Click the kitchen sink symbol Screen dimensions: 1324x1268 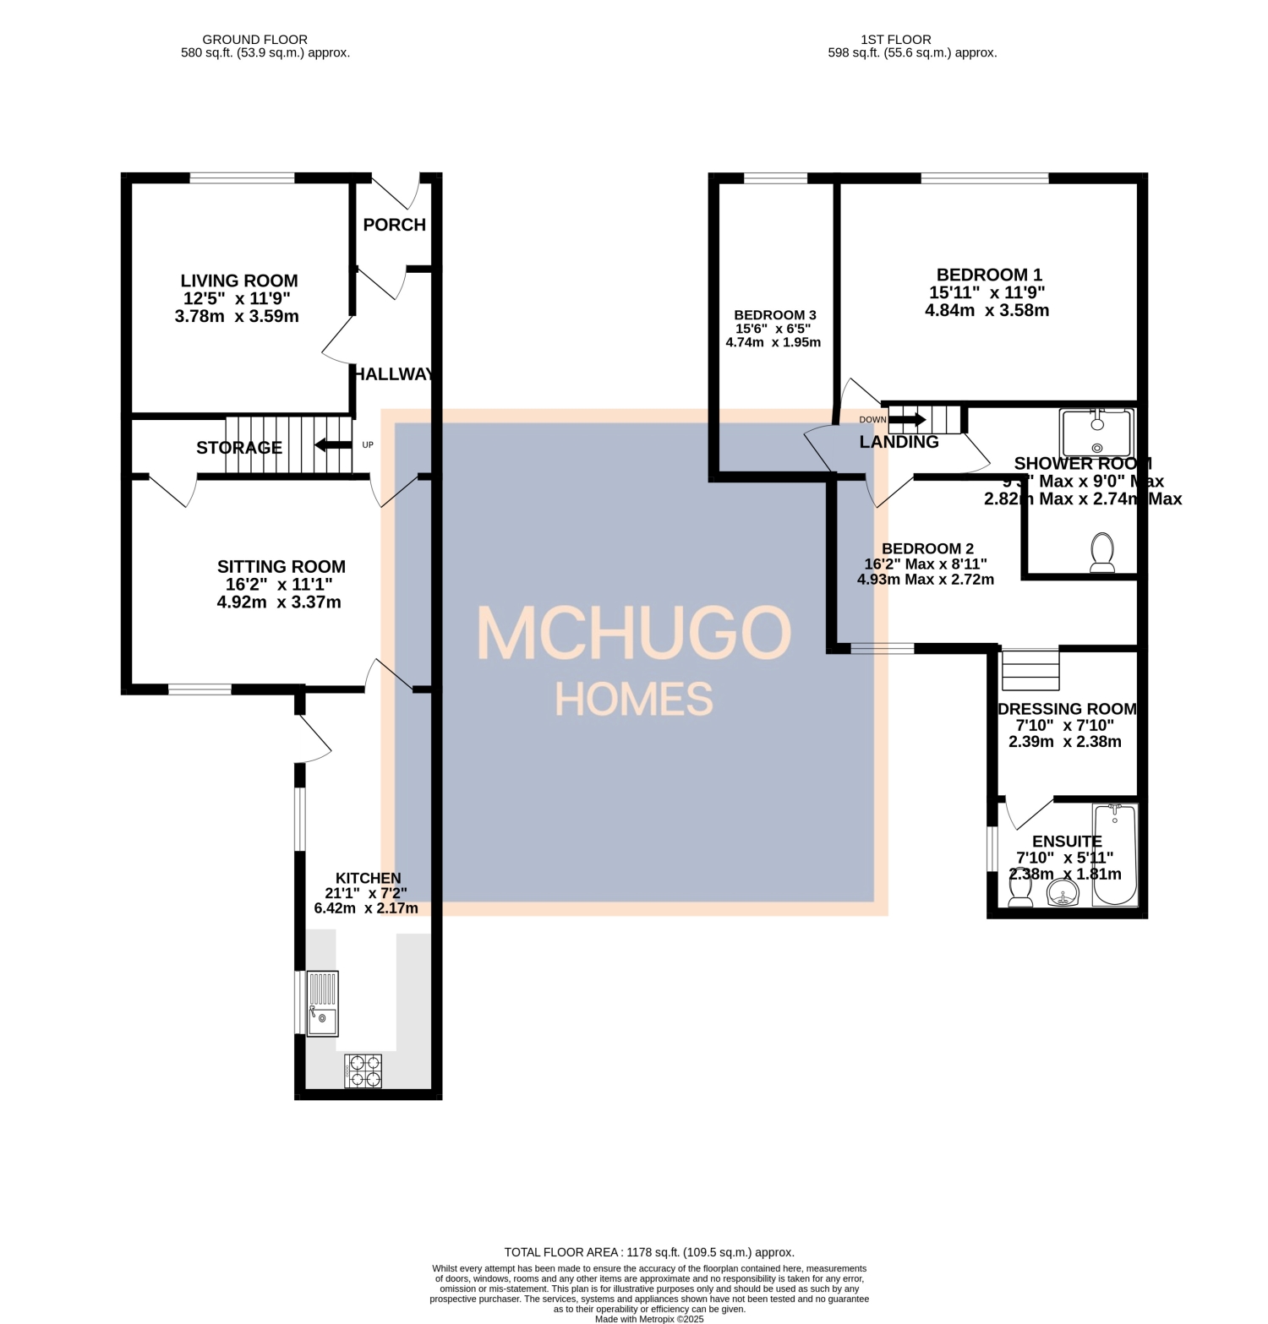(x=322, y=1004)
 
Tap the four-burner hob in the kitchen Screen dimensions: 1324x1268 (x=363, y=1071)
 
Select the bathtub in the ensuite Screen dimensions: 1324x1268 (x=1115, y=854)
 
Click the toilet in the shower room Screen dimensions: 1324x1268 (x=1102, y=553)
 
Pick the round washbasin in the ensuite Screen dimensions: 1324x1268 (x=1063, y=893)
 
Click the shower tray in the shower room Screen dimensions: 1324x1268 (x=1096, y=433)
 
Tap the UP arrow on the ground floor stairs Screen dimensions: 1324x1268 (x=333, y=445)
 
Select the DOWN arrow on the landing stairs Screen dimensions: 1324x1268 (x=907, y=419)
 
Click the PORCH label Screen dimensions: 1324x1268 (x=394, y=225)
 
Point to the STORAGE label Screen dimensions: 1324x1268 (x=239, y=448)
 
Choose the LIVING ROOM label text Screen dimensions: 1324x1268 (x=239, y=281)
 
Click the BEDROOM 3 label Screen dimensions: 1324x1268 (x=774, y=315)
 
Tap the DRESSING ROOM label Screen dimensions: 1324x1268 (x=1067, y=709)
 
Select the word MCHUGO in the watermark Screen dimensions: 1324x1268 (x=634, y=634)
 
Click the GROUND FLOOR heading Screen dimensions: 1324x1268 (x=254, y=40)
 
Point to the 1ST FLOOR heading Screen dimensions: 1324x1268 (x=895, y=40)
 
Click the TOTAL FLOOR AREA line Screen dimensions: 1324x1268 (x=648, y=1252)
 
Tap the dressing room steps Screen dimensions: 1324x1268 (x=1030, y=669)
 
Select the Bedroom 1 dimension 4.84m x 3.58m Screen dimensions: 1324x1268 (x=987, y=310)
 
